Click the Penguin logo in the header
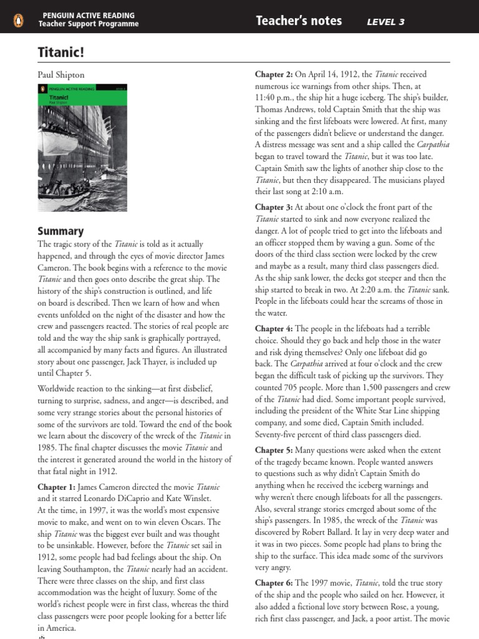click(x=18, y=21)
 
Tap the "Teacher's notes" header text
click(x=299, y=21)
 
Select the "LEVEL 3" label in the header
click(x=385, y=22)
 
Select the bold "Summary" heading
click(x=60, y=231)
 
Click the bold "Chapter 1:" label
click(x=57, y=486)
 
